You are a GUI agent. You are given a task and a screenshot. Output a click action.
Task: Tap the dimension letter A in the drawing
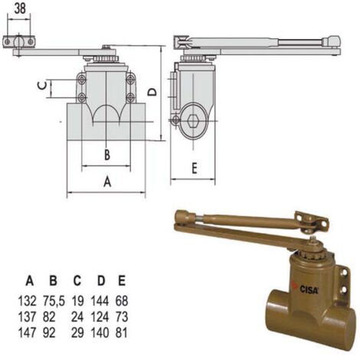pyautogui.click(x=107, y=182)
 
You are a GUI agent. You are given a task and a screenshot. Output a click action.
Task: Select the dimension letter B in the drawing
pyautogui.click(x=107, y=154)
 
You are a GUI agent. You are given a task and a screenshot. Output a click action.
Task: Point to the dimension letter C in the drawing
pyautogui.click(x=41, y=87)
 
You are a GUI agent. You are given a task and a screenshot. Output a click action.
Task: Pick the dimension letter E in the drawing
pyautogui.click(x=195, y=168)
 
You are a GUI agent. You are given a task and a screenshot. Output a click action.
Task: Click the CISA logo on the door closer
pyautogui.click(x=308, y=288)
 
